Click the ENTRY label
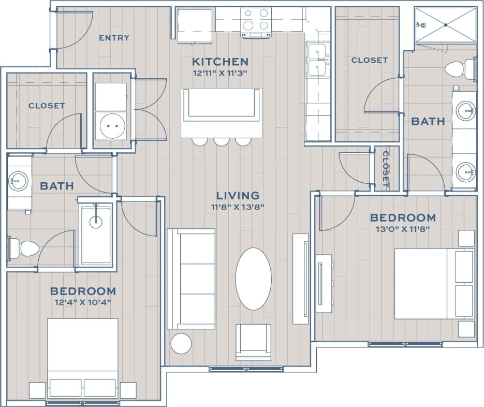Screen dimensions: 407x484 [x=114, y=38]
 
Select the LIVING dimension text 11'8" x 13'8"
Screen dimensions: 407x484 [x=238, y=207]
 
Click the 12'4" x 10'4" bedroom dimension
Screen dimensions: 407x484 [x=83, y=302]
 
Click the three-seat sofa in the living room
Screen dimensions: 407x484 [x=191, y=279]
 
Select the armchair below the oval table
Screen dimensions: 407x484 [x=253, y=342]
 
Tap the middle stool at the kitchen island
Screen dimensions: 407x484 [x=222, y=141]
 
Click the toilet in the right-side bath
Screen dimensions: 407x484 [x=460, y=69]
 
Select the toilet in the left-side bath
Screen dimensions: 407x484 [x=23, y=248]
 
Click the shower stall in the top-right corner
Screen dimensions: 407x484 [x=445, y=25]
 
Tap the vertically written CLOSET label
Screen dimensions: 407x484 [x=386, y=169]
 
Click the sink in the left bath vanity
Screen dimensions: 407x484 [x=19, y=181]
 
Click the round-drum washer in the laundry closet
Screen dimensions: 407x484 [x=111, y=125]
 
